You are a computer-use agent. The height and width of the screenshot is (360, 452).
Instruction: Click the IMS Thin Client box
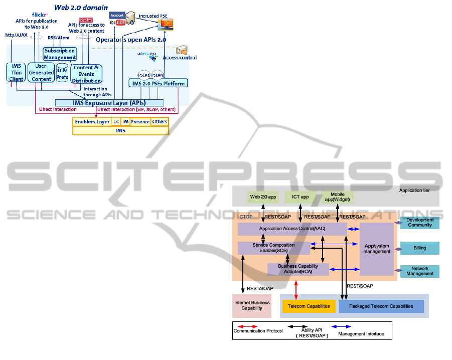coord(17,73)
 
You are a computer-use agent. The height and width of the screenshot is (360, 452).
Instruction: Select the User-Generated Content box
coord(41,73)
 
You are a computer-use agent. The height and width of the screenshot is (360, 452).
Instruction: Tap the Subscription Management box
coord(60,54)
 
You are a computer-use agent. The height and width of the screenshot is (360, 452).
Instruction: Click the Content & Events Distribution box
coord(86,74)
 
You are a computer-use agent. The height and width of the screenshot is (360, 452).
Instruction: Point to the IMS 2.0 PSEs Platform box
coord(158,83)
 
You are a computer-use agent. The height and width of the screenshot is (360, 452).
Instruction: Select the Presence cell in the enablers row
coord(140,121)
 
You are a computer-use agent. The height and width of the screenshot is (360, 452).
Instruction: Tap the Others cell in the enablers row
coord(160,121)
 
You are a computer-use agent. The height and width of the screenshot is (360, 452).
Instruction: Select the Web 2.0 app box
coord(263,197)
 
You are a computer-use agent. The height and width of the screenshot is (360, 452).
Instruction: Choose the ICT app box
coord(300,197)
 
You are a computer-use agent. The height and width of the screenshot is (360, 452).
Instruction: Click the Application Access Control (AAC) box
coord(292,229)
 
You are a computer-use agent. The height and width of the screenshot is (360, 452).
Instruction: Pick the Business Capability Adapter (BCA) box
coord(298,269)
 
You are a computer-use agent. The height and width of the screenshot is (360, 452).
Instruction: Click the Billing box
coord(419,248)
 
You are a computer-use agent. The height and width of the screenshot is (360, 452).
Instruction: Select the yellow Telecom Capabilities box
coord(309,306)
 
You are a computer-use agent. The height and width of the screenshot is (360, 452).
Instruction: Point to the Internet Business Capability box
coord(252,305)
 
